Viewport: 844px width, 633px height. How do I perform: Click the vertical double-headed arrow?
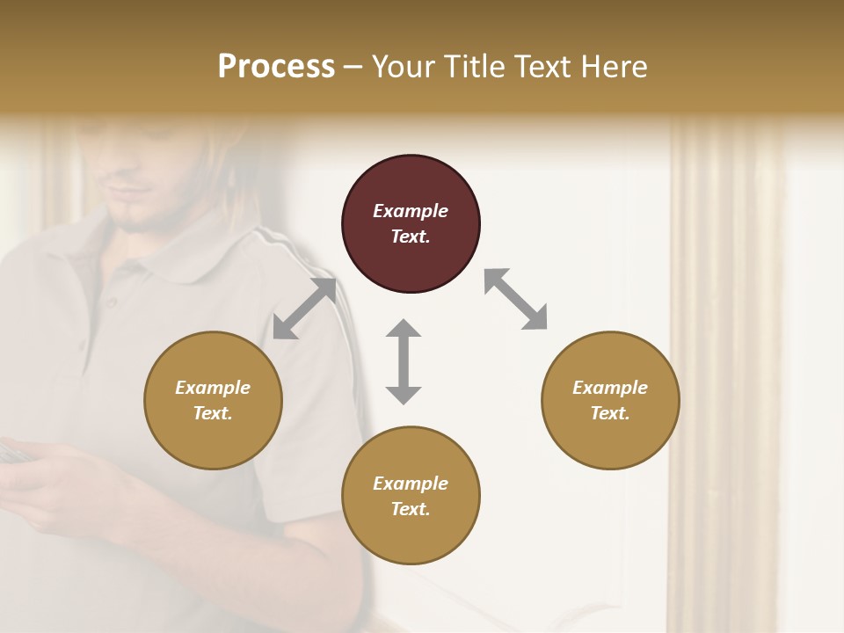coord(404,361)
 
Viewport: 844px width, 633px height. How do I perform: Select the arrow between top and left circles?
coord(304,309)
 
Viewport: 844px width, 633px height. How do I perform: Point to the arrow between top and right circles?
coord(516,299)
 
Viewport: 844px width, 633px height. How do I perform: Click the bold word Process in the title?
coord(276,66)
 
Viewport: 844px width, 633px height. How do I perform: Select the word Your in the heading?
coord(401,66)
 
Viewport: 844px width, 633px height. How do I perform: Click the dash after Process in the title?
coord(353,67)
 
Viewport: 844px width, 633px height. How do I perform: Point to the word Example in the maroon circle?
coord(411,211)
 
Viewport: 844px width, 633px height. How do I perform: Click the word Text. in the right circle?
coord(610,413)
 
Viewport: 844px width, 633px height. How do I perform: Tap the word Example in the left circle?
coord(213,388)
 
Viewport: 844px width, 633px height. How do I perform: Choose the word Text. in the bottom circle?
coord(411,509)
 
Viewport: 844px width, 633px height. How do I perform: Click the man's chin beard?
coord(141,224)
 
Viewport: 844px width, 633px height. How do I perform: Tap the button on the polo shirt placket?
coord(112,302)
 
